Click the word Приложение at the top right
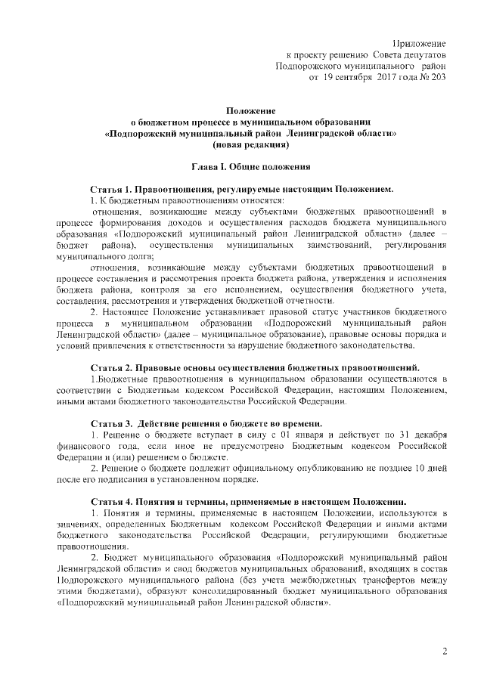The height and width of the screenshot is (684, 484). pyautogui.click(x=420, y=42)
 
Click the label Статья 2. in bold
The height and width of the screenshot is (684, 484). pyautogui.click(x=112, y=367)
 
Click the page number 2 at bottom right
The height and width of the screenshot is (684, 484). pyautogui.click(x=445, y=651)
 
